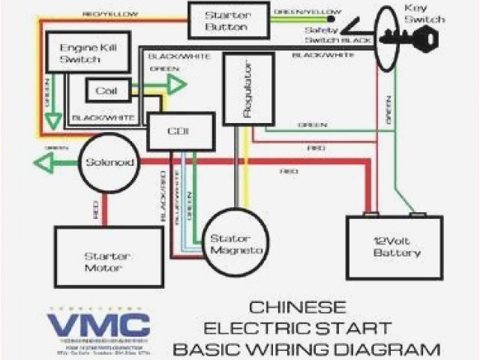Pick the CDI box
178,131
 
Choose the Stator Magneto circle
235,241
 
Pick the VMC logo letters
98,324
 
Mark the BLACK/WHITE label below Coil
103,118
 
